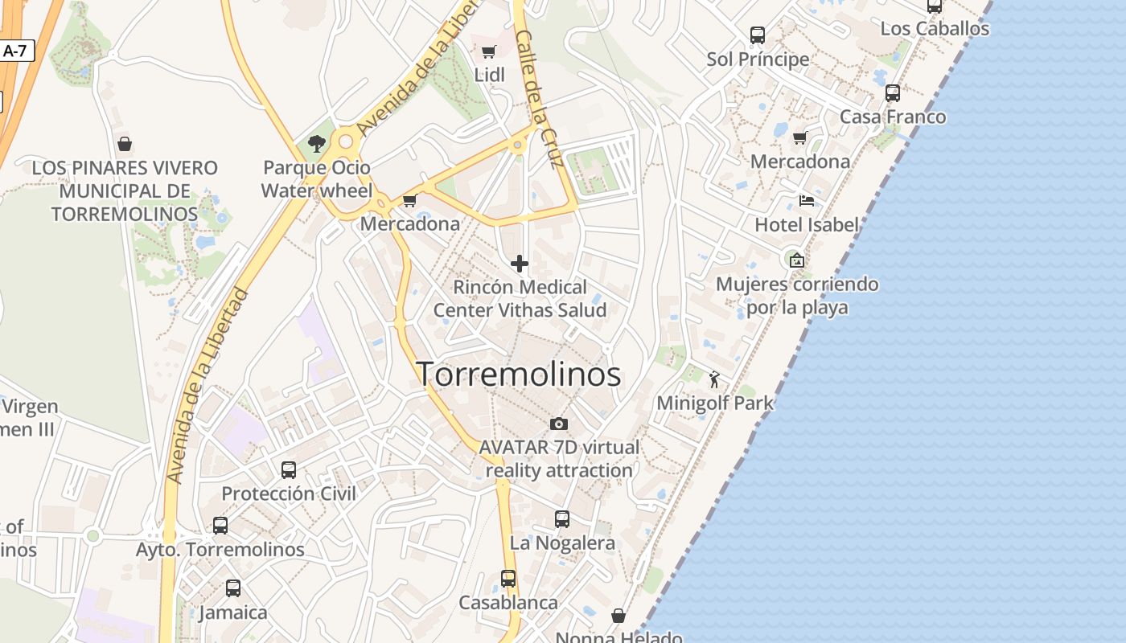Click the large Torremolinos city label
tap(519, 375)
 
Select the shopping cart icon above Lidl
tap(488, 52)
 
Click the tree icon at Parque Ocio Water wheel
tap(317, 144)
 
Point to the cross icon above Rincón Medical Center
tap(520, 263)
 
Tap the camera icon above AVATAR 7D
tap(559, 424)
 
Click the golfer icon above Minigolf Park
tap(714, 379)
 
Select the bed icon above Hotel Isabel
tap(807, 200)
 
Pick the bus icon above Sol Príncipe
tap(758, 35)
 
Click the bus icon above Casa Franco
tap(893, 92)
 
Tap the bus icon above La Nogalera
tap(562, 518)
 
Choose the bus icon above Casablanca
tap(508, 578)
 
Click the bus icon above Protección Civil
tap(289, 469)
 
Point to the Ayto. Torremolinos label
tap(220, 550)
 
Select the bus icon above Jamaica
tap(233, 588)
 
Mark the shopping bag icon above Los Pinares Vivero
tap(125, 144)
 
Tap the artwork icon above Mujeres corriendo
tap(796, 260)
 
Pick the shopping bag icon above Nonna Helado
tap(618, 616)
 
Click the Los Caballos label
tap(935, 28)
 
